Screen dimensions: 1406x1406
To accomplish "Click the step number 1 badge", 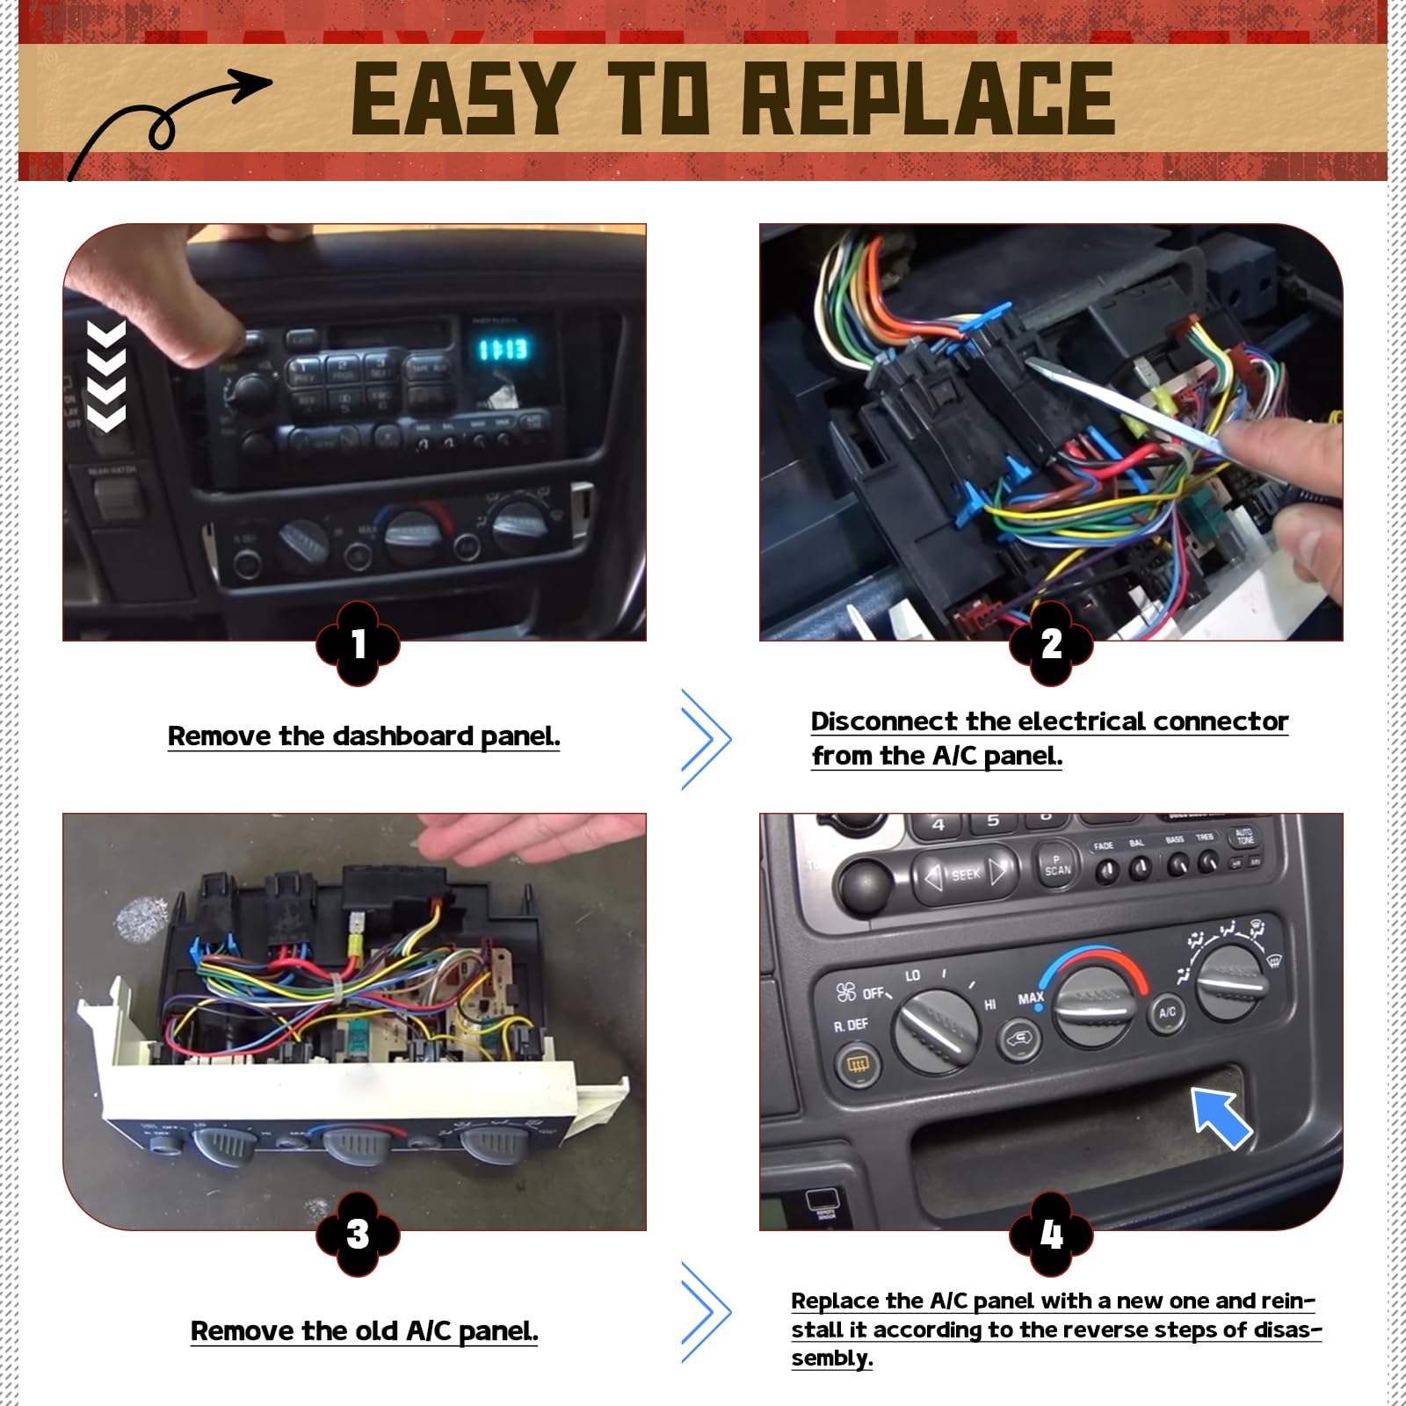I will (x=358, y=643).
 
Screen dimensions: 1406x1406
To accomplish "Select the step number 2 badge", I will (x=1051, y=643).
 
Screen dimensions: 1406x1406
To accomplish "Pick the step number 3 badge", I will (x=358, y=1234).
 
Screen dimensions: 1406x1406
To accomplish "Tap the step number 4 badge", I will (x=1051, y=1234).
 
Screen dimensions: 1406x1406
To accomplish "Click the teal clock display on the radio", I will (x=504, y=350).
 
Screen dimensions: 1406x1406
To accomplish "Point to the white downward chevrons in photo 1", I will (x=106, y=376).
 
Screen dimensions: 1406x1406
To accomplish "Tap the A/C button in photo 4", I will (x=1167, y=1013).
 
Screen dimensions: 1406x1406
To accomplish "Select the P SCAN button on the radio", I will (x=1057, y=866).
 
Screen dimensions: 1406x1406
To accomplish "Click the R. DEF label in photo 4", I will (x=851, y=1026).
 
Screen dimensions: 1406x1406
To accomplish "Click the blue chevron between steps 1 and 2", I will (x=705, y=738).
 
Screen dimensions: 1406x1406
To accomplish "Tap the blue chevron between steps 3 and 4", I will (x=705, y=1313).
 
